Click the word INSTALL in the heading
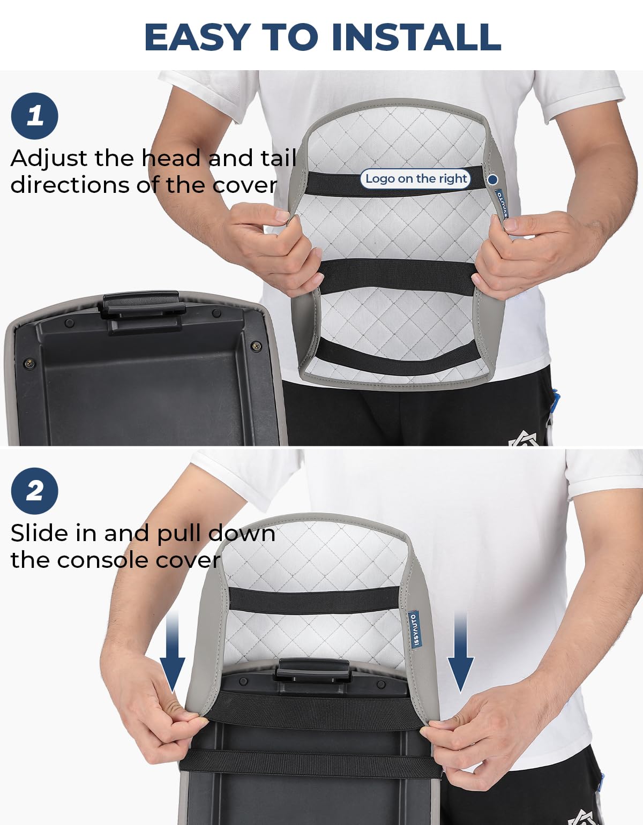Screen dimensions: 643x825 [x=416, y=37]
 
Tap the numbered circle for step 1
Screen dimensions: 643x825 [x=34, y=116]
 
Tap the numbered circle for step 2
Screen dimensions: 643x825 [x=34, y=491]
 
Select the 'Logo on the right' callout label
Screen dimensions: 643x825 [x=416, y=178]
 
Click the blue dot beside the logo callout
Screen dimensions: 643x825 [x=492, y=179]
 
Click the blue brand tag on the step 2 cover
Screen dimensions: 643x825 [x=415, y=629]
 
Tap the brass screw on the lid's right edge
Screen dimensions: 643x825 [x=256, y=346]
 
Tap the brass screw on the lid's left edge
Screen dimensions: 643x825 [x=29, y=363]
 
